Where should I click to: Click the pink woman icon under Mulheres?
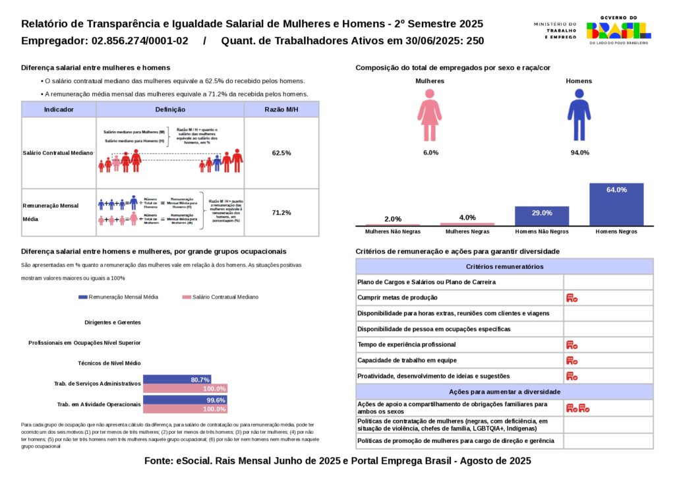pos(430,116)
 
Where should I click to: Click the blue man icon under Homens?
pos(579,116)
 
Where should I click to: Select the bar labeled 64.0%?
pos(616,204)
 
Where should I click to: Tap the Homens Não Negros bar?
pos(541,216)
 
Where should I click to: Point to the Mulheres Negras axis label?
pos(467,232)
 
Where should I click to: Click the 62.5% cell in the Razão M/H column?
pos(281,153)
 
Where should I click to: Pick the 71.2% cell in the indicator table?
pos(281,212)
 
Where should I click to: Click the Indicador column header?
pos(59,109)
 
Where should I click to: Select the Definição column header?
pos(170,109)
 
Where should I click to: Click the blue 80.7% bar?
pos(177,380)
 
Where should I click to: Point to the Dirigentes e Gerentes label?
pos(113,322)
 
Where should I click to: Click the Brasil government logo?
pos(618,30)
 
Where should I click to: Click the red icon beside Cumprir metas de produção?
pos(572,298)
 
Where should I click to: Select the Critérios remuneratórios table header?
pos(504,266)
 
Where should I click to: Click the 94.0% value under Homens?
pos(579,153)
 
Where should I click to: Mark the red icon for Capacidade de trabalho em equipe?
pos(572,361)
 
